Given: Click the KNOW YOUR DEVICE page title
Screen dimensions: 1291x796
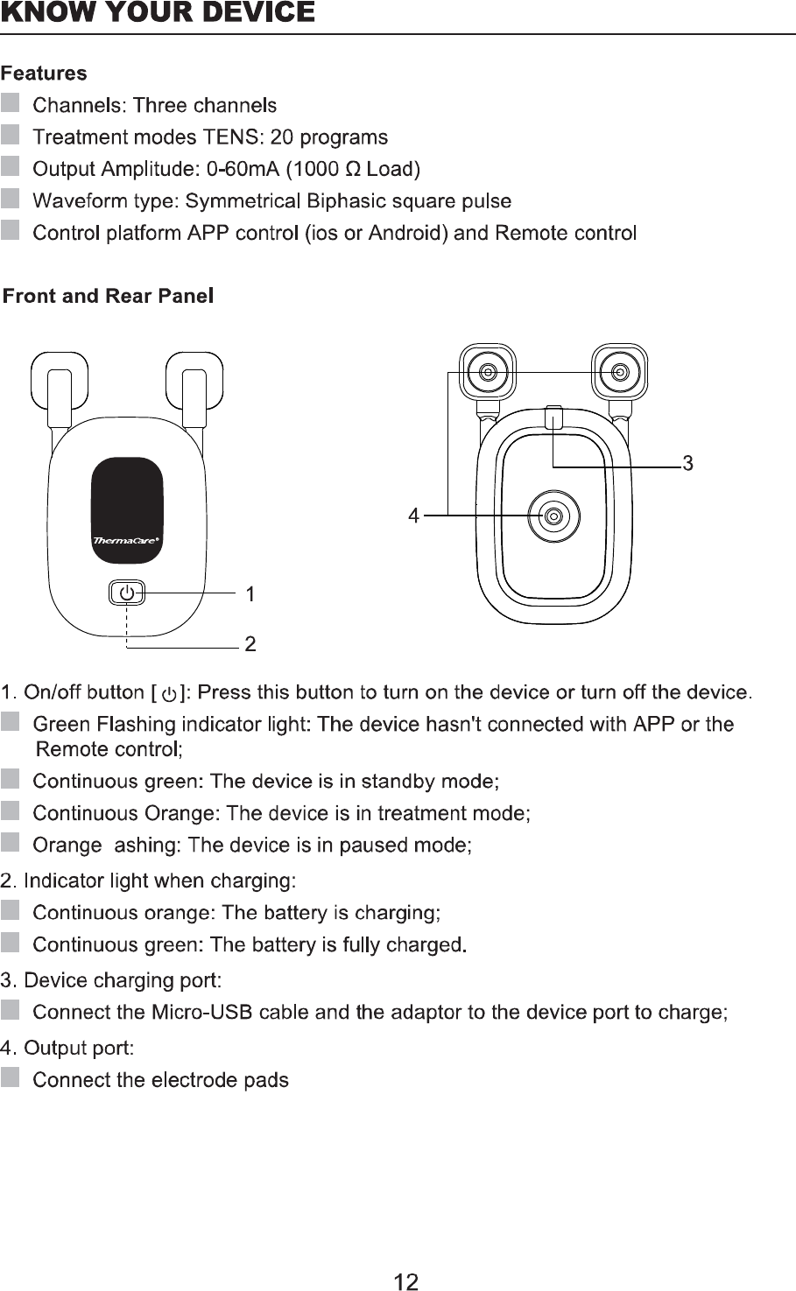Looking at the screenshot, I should [158, 13].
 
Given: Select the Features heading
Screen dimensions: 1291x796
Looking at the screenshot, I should [44, 74].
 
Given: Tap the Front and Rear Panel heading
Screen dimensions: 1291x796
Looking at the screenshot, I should [109, 296].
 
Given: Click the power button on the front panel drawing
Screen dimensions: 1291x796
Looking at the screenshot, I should [127, 593].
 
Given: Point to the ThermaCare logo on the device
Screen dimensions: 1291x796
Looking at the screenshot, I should [126, 541].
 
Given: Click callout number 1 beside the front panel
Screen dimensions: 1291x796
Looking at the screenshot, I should [250, 595].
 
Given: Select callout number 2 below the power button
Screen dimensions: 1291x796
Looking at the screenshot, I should [250, 645].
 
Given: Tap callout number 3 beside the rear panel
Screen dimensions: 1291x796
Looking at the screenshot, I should [688, 464].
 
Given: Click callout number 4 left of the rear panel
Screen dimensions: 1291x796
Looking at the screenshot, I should [413, 516].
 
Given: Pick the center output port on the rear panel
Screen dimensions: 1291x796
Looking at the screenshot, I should [553, 516].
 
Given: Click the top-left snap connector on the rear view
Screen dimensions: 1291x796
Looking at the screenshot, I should [488, 373].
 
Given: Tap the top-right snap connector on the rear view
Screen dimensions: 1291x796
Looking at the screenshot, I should [619, 373].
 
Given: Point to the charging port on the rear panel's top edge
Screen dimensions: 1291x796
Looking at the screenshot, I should [553, 417].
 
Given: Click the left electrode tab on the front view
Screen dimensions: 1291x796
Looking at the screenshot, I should [59, 381].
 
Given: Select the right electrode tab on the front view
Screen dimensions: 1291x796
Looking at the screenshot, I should [194, 381].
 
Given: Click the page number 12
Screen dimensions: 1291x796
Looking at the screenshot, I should [405, 1282].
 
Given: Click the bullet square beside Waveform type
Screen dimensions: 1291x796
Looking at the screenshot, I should [11, 200].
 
